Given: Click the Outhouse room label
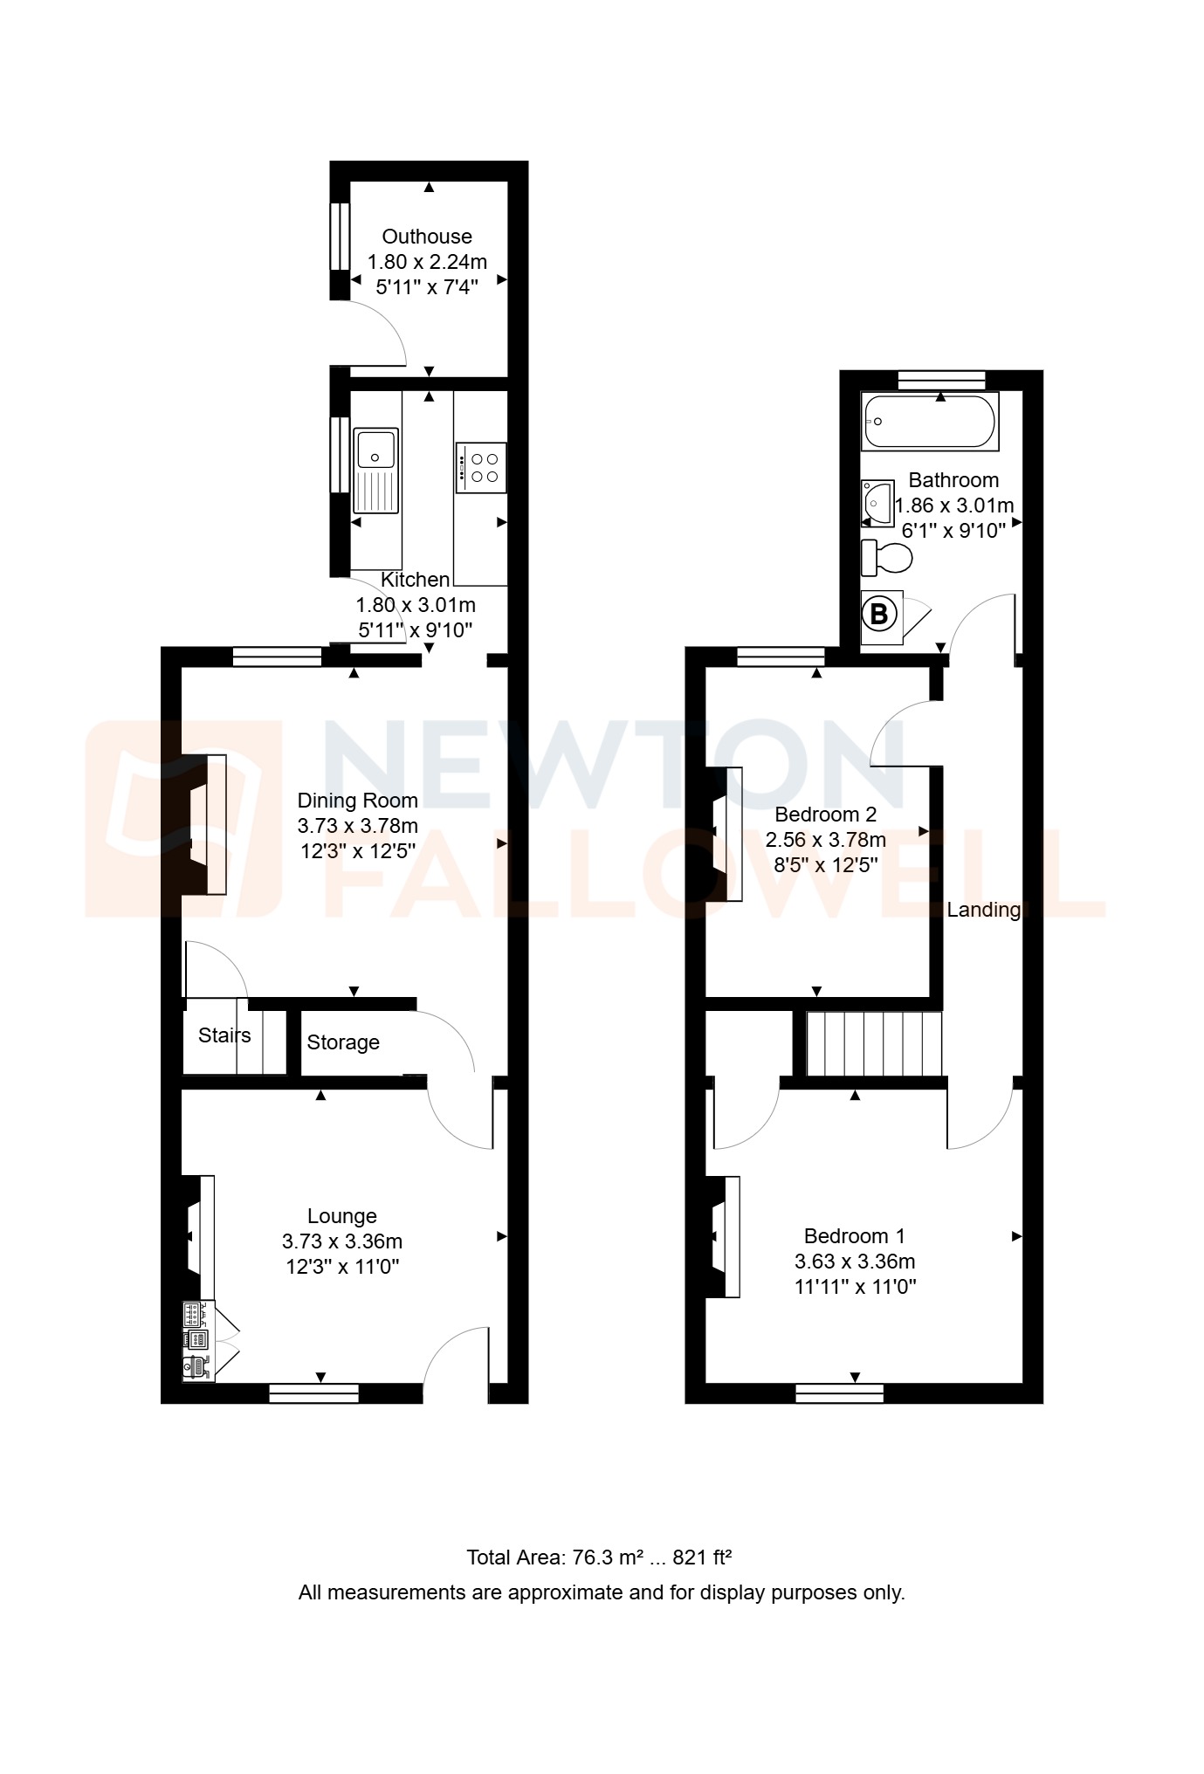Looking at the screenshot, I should [426, 237].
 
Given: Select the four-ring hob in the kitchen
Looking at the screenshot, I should [481, 467].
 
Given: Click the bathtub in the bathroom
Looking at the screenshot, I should [929, 421].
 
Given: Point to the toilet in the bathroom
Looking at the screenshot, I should [887, 558].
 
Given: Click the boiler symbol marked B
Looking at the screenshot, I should [879, 615].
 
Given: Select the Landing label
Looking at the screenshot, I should [983, 910].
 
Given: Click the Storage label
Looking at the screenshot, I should [343, 1042].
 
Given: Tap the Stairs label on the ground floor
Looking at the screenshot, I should [224, 1035].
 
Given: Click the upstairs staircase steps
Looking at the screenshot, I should [874, 1043].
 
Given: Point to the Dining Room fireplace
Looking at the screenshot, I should [206, 824].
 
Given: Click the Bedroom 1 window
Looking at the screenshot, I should [839, 1393].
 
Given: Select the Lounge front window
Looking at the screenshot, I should [313, 1393].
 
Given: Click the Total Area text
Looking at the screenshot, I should [599, 1557].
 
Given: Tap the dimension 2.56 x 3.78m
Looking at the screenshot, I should [825, 840].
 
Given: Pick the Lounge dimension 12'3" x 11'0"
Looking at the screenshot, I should [342, 1267].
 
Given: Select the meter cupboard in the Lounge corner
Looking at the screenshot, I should [199, 1341].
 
